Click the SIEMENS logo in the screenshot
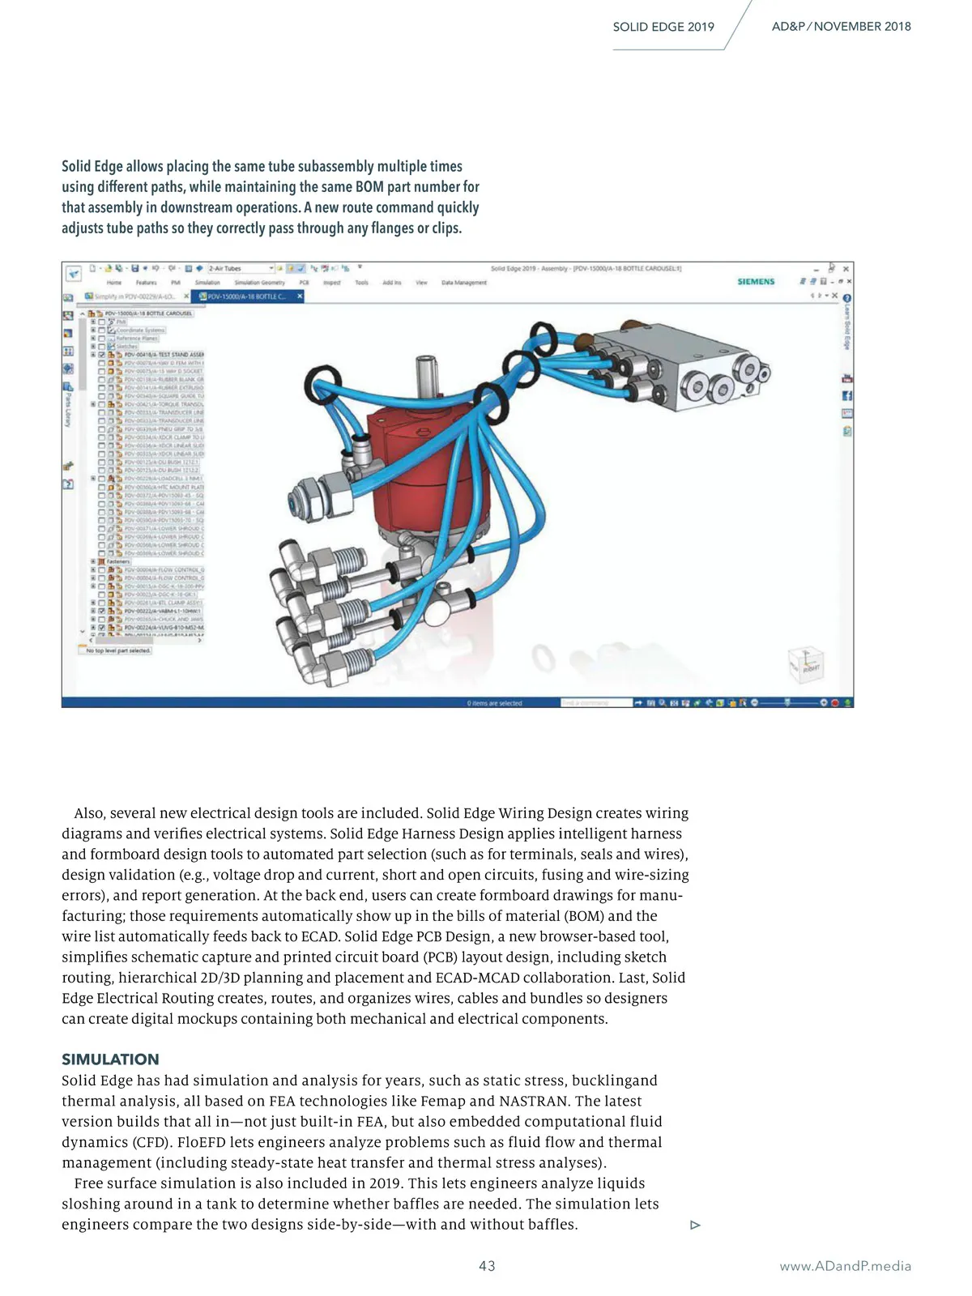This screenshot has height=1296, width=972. coord(756,282)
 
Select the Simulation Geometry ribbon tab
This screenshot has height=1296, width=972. coord(259,283)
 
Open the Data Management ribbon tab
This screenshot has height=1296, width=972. coord(464,283)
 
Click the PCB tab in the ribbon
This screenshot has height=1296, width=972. coord(304,283)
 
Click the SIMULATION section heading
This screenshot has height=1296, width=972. coord(110,1059)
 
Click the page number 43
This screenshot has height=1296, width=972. coord(487,1266)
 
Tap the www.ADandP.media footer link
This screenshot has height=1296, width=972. coord(845,1266)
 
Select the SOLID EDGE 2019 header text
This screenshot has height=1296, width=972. coord(663,27)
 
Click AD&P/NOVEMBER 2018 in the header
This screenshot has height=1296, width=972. coord(841,27)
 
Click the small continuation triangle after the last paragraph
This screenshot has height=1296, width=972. coord(695,1226)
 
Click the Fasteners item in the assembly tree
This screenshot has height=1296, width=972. coord(118,561)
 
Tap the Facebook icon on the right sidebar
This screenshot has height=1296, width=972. coord(847,395)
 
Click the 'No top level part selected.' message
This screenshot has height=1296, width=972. coord(118,650)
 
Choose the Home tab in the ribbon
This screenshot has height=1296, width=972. coord(114,283)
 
